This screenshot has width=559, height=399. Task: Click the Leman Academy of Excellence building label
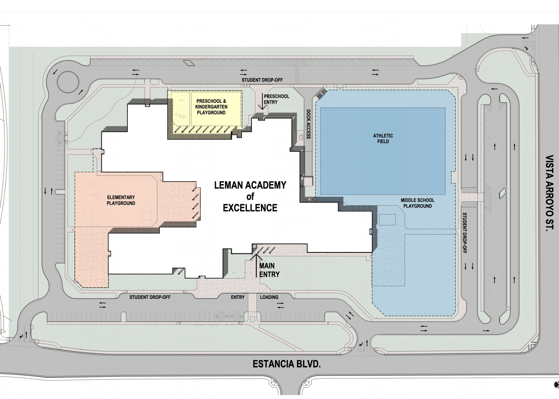point(250,196)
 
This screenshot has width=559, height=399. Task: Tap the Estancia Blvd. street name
point(286,364)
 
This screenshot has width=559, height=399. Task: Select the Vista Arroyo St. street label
point(549,193)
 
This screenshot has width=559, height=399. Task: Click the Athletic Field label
point(383,139)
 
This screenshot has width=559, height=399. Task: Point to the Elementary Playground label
point(121,200)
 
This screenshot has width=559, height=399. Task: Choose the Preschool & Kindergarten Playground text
point(211,107)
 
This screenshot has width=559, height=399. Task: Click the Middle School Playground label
point(417,203)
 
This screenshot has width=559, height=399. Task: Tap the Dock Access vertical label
point(308,124)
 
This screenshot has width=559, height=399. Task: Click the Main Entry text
point(269,270)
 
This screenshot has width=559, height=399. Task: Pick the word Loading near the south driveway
point(269,297)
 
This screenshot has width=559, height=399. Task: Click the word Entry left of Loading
point(237,297)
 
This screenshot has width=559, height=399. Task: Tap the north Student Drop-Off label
point(262,80)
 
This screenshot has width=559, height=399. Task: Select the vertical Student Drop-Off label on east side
point(464,233)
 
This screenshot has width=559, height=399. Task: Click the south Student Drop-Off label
point(150,297)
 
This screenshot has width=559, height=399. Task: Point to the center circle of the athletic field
point(383,151)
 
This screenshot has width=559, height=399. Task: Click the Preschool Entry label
point(276,99)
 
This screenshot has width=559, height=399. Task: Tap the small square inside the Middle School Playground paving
point(387,220)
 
